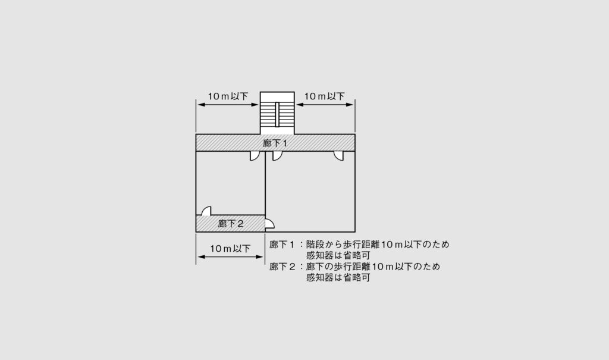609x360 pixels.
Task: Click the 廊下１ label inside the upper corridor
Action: click(x=275, y=143)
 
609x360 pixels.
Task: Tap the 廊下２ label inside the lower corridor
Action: click(x=231, y=224)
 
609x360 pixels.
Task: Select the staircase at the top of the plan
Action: click(x=277, y=113)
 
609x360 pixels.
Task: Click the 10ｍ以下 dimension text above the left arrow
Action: click(x=228, y=96)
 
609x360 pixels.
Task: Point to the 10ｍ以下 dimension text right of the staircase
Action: click(x=324, y=96)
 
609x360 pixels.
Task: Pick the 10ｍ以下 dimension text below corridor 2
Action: click(x=230, y=248)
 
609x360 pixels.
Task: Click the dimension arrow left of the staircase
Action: click(x=228, y=105)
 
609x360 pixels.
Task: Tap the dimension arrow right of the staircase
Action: click(x=325, y=105)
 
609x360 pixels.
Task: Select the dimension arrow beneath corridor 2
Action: click(x=231, y=257)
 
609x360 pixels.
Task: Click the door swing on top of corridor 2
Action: click(x=206, y=211)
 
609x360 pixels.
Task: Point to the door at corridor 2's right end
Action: click(x=270, y=224)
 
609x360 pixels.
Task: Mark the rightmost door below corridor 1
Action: click(x=338, y=155)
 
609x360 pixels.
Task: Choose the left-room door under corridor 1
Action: click(x=255, y=155)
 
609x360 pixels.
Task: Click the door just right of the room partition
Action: click(x=277, y=155)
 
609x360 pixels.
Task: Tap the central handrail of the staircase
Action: click(x=277, y=114)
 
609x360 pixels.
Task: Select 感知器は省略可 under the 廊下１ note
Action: click(x=338, y=255)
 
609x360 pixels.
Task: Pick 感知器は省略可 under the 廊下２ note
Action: click(x=338, y=277)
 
